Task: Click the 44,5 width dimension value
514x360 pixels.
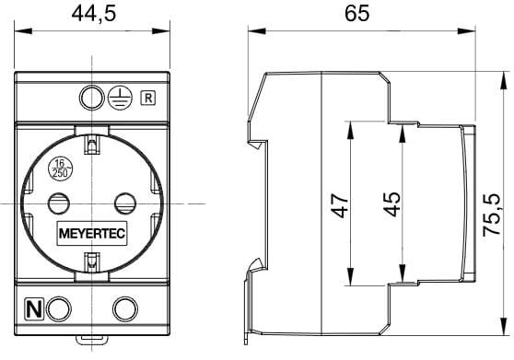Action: pos(94,14)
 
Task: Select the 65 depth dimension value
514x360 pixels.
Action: pos(357,14)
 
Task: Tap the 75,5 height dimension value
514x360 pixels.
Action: pos(492,215)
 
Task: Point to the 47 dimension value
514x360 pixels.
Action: pos(339,205)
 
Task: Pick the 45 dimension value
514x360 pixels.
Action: pos(392,204)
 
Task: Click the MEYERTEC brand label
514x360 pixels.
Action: pos(92,234)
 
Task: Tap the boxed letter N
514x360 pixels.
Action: pos(34,309)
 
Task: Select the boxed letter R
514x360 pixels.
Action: pos(148,98)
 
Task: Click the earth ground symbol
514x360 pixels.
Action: pos(120,98)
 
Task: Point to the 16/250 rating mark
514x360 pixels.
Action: pos(60,169)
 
